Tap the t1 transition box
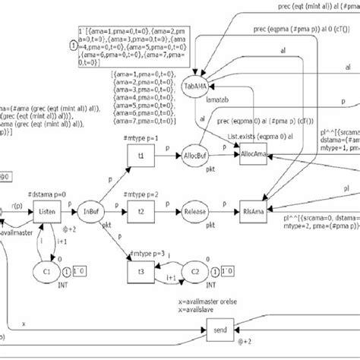(142, 153)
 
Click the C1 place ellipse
(46, 271)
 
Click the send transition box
(221, 330)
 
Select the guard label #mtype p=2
(141, 194)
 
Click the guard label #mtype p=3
(142, 253)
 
